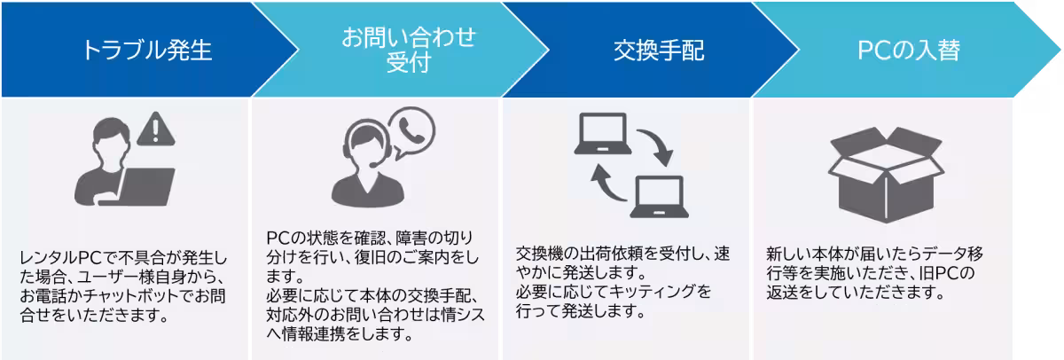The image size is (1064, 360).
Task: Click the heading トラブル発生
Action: point(146,50)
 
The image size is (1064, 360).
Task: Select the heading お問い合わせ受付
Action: point(409,50)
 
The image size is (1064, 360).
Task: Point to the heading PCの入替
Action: point(909,51)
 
